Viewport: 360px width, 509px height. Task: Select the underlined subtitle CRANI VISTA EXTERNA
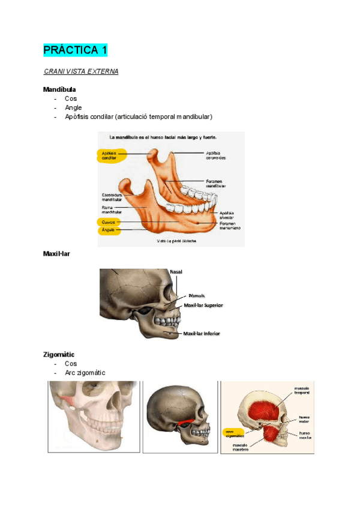coord(81,71)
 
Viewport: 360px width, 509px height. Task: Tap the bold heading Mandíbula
coord(59,89)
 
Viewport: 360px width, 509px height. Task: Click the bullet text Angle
coord(73,107)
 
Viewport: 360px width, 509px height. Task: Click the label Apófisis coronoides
coord(217,155)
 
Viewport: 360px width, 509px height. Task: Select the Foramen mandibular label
coord(216,183)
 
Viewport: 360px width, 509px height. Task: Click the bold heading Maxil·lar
coord(56,254)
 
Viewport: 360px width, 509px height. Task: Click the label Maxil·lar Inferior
coord(202,333)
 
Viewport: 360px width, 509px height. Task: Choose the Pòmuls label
coord(196,296)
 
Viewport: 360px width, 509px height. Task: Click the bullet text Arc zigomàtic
coord(85,373)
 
